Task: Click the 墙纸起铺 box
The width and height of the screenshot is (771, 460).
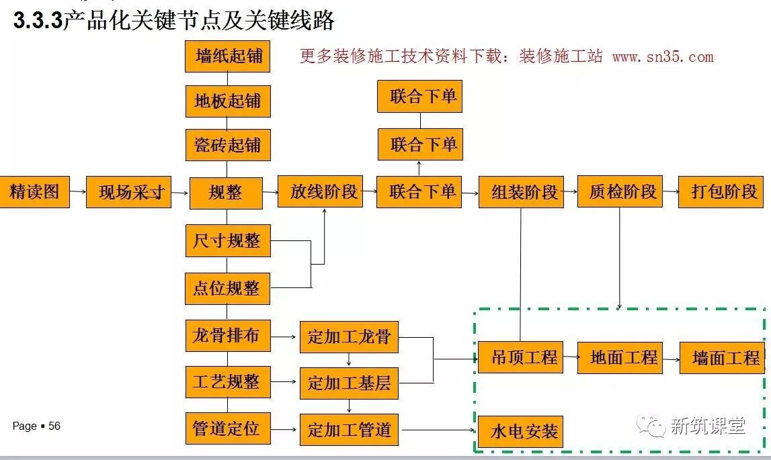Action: click(228, 56)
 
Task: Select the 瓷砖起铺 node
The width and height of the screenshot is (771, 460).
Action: click(228, 145)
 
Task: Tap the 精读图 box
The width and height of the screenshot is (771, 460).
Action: click(34, 192)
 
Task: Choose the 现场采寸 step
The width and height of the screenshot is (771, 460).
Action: click(128, 192)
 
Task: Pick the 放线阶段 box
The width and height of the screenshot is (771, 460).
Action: click(320, 192)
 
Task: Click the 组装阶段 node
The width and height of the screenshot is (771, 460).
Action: click(521, 192)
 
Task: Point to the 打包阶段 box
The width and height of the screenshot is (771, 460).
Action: click(723, 192)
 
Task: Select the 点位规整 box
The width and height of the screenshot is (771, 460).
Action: click(228, 288)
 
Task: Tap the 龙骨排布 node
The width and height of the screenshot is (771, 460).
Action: click(228, 336)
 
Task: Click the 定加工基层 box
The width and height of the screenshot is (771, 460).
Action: click(349, 383)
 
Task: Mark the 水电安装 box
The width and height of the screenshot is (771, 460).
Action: click(520, 431)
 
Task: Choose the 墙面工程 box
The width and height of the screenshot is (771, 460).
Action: click(723, 358)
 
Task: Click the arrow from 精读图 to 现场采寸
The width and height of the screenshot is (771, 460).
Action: click(78, 192)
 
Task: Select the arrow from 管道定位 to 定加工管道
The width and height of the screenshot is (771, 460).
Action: click(285, 430)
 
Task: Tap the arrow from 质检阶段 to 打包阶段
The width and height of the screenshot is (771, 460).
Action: click(670, 192)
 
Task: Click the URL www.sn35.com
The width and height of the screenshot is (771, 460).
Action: click(662, 56)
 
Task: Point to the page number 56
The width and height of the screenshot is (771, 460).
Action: click(54, 426)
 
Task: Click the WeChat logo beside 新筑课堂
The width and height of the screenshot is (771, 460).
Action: click(651, 425)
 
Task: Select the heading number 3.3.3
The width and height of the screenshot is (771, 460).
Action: click(38, 21)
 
